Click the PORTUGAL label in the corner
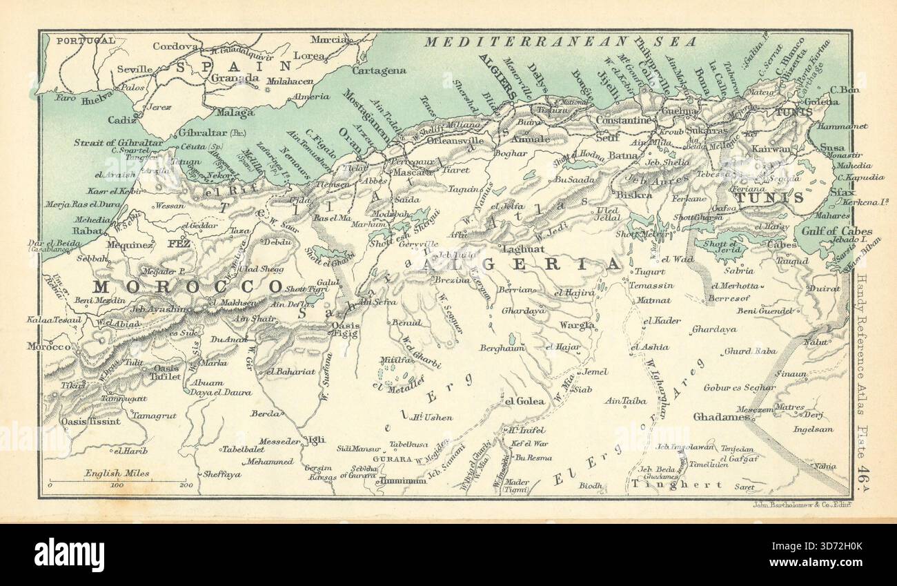(86, 40)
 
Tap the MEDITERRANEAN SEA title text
(560, 42)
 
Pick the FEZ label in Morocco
(175, 244)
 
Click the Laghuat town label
(524, 248)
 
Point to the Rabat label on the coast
(87, 231)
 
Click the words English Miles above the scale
(117, 473)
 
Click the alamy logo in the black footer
(69, 554)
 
